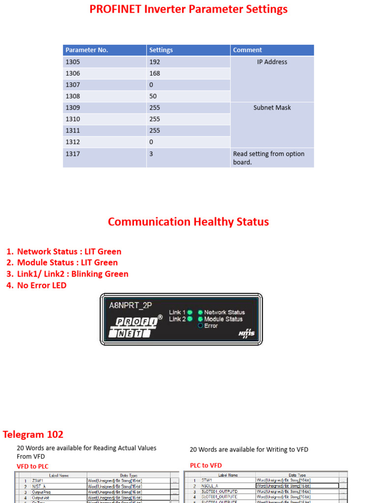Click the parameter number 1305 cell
pos(73,62)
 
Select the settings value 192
pos(155,62)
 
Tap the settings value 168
pos(155,73)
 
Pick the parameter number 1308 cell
pos(73,96)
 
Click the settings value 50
pos(153,96)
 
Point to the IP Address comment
pos(272,62)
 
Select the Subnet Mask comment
pos(272,108)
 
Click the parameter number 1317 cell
pos(73,154)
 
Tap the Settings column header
pos(161,50)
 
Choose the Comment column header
pos(247,50)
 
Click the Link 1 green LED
pos(190,312)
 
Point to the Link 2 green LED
pos(190,319)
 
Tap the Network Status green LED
pos(200,312)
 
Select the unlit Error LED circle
pos(200,326)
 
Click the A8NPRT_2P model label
pos(130,305)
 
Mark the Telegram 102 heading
pos(33,434)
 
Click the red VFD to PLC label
pos(33,466)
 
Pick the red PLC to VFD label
pos(206,465)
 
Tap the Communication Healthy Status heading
pos(188,222)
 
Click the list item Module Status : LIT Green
pos(67,262)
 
